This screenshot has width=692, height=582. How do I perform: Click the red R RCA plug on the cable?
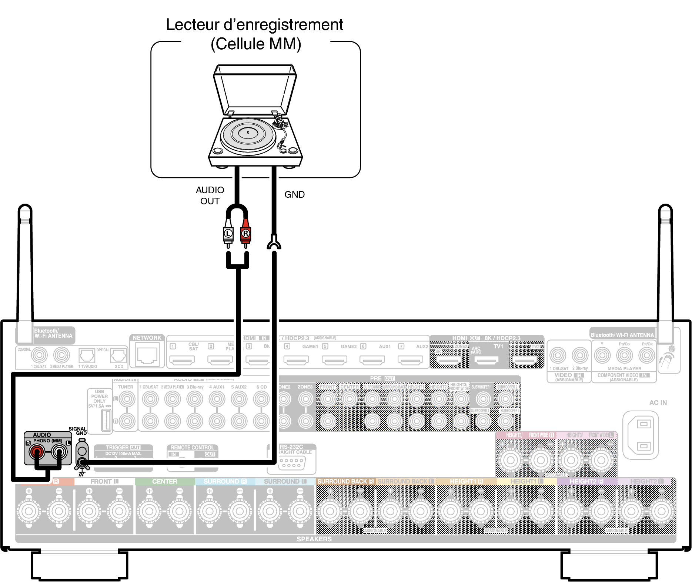245,233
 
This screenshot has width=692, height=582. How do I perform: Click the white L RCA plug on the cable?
228,233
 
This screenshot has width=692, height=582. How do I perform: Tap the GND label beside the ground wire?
294,194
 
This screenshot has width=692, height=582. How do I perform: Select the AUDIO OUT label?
210,195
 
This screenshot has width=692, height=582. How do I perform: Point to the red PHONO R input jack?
37,451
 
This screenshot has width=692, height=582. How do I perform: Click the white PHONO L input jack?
59,451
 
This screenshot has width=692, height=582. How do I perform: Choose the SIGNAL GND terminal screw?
82,462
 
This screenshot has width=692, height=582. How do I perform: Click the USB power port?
106,420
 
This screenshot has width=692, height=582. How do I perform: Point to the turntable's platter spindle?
248,132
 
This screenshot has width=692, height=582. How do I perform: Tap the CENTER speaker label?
165,481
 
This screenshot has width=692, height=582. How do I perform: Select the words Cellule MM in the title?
256,44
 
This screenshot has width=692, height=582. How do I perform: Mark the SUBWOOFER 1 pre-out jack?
483,399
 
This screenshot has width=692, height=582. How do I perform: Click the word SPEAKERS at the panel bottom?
314,539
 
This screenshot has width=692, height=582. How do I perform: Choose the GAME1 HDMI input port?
296,360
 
